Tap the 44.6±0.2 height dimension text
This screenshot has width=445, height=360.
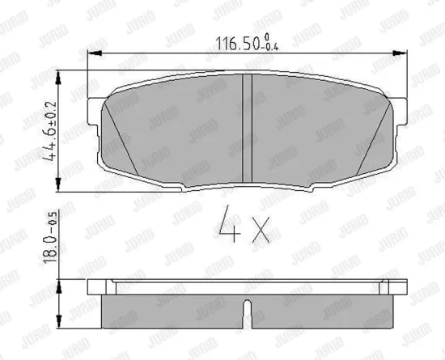tap(50, 131)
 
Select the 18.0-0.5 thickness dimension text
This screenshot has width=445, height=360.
tap(50, 238)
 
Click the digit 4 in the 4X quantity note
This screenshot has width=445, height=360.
tap(229, 224)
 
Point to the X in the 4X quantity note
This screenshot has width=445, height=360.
tap(261, 229)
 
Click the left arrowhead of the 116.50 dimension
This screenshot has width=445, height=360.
tap(95, 53)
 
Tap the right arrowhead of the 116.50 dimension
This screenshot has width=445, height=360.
tap(400, 53)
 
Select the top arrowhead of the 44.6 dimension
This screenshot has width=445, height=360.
tap(58, 78)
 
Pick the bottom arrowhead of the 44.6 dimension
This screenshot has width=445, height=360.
tap(58, 184)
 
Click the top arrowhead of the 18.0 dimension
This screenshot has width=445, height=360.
tap(59, 286)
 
